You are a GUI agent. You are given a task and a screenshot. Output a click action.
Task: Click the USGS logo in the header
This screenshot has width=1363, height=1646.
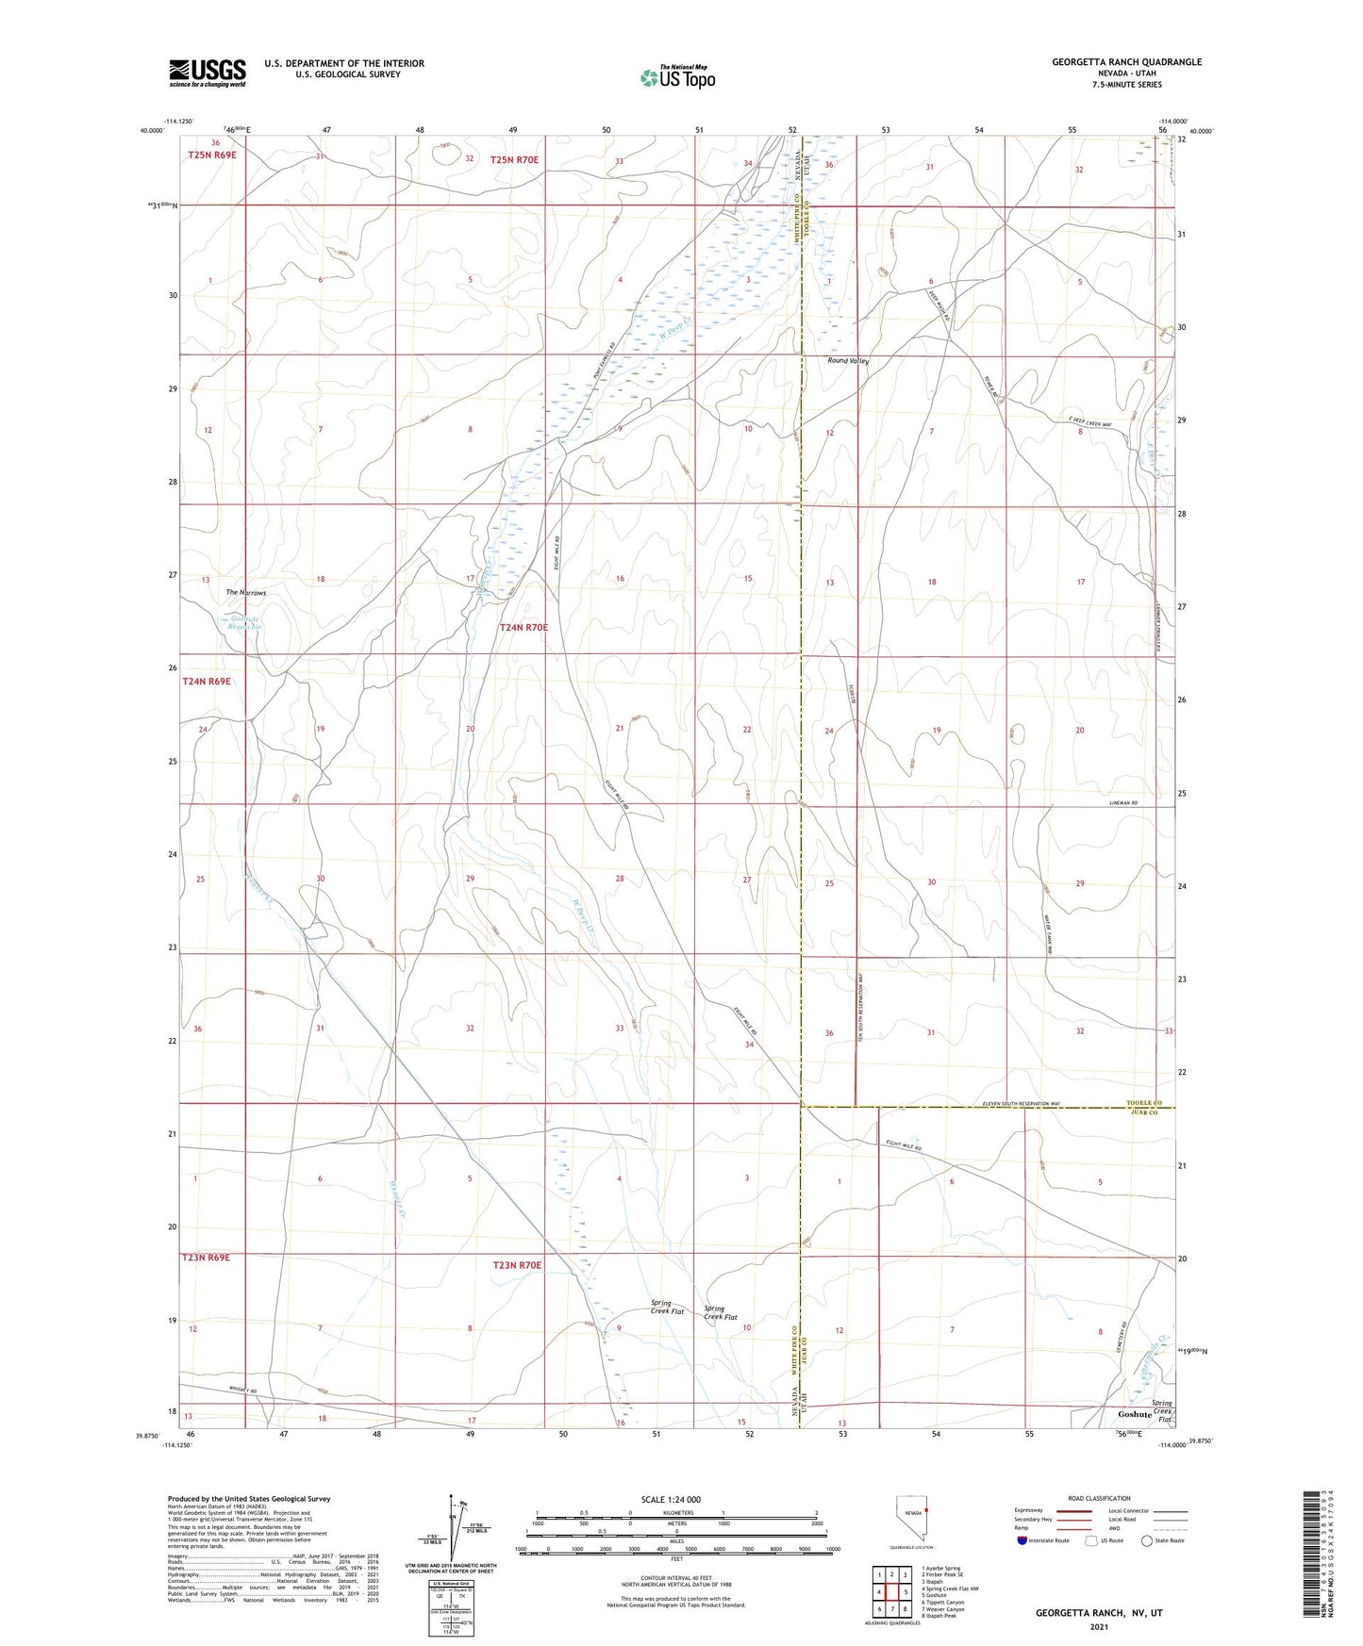(x=208, y=73)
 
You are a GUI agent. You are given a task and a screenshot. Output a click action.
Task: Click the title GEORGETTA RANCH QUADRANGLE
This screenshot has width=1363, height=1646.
(x=1126, y=62)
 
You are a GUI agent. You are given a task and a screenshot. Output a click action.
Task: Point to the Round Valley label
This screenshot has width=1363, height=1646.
(x=847, y=360)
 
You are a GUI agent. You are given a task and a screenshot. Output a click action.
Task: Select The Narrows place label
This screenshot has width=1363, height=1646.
(x=245, y=593)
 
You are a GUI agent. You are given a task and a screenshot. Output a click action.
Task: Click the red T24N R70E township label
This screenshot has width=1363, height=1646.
(x=524, y=627)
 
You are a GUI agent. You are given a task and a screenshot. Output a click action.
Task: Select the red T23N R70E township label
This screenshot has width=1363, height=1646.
(x=517, y=1265)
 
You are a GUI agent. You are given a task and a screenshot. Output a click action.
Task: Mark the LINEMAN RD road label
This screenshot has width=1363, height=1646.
(x=1122, y=803)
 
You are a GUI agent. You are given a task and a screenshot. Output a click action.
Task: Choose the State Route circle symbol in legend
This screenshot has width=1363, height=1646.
(x=1147, y=1541)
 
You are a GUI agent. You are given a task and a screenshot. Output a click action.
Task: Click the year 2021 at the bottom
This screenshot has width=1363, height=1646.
(x=1098, y=1626)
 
